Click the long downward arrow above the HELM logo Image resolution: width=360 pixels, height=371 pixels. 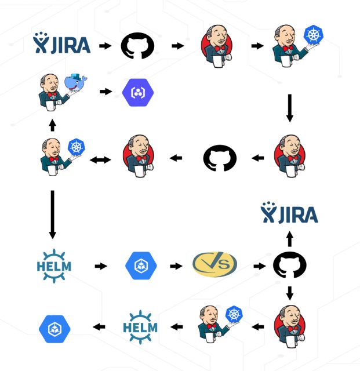point(52,214)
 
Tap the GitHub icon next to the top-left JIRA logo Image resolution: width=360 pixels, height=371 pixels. point(137,45)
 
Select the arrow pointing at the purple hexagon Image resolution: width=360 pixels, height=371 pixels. point(105,92)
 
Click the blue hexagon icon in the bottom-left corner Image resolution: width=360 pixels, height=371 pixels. point(55,329)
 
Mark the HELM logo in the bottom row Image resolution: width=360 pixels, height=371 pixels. point(140,327)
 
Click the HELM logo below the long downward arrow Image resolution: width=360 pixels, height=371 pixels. point(53,265)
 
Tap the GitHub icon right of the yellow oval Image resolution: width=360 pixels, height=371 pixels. point(290,266)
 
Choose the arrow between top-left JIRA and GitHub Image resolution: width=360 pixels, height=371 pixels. point(105,45)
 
